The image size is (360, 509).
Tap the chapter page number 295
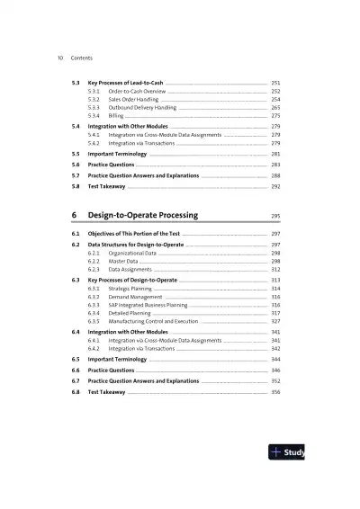275,217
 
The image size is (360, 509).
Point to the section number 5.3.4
94,115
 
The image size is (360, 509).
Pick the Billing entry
116,115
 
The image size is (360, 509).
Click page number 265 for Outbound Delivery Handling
275,107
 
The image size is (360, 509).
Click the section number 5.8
76,186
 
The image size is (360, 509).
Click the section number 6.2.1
94,254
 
